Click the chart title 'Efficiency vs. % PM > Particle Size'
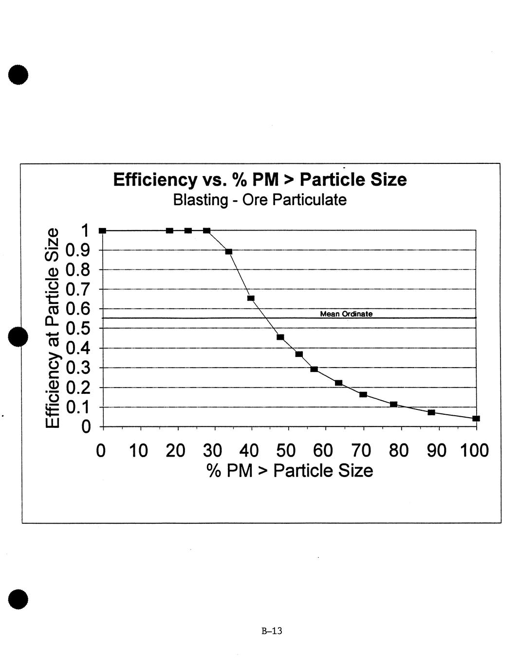click(x=260, y=179)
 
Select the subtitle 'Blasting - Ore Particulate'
click(x=260, y=200)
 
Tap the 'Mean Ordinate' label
click(x=346, y=314)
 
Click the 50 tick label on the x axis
click(x=286, y=451)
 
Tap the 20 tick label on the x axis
click(x=175, y=451)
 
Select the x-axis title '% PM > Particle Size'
click(x=290, y=471)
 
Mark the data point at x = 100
click(x=476, y=418)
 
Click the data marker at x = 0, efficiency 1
click(x=102, y=230)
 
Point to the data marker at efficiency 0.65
click(x=251, y=298)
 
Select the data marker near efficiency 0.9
click(x=229, y=251)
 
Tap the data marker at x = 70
click(x=363, y=394)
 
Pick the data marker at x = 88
click(x=431, y=412)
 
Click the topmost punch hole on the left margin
click(x=18, y=75)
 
